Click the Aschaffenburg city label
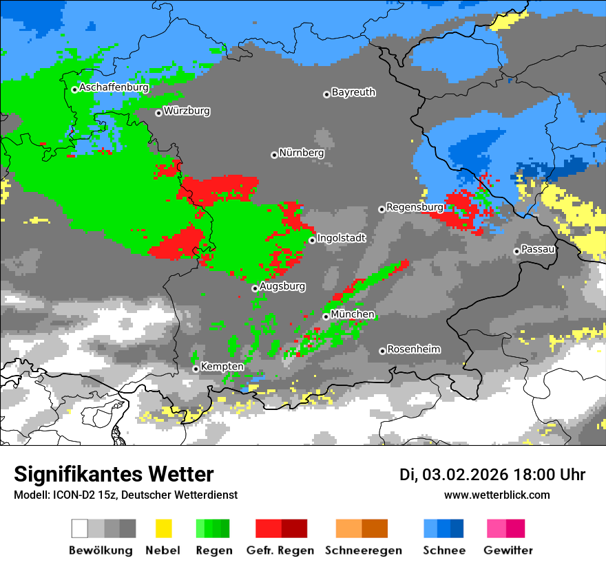tap(114, 88)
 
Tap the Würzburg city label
tap(187, 111)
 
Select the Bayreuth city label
tap(353, 92)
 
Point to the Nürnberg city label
tap(302, 153)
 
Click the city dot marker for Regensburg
tap(382, 208)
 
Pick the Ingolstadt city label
tap(342, 238)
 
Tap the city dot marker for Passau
tap(516, 251)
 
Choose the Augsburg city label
tap(282, 286)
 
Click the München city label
tap(353, 314)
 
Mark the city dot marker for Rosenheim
tap(382, 351)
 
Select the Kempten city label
tap(222, 367)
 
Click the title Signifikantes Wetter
tap(114, 474)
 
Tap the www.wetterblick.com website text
tap(497, 495)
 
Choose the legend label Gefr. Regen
tap(280, 550)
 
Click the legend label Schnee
tap(443, 550)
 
